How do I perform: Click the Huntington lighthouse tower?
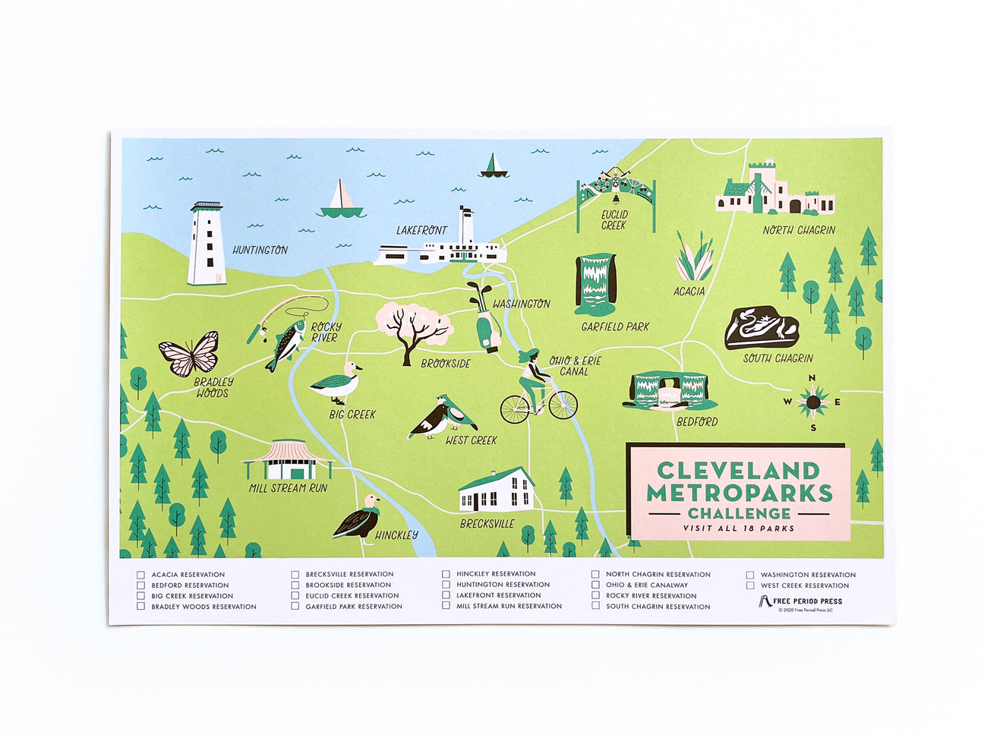pyautogui.click(x=207, y=244)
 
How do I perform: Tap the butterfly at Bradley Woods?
pyautogui.click(x=189, y=354)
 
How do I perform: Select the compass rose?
pyautogui.click(x=812, y=402)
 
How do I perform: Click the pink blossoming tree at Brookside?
pyautogui.click(x=414, y=327)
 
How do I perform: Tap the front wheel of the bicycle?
pyautogui.click(x=563, y=405)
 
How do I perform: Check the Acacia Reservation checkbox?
pyautogui.click(x=140, y=575)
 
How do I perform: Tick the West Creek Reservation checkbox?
pyautogui.click(x=750, y=585)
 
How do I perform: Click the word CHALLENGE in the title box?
pyautogui.click(x=739, y=513)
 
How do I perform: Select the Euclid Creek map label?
pyautogui.click(x=614, y=220)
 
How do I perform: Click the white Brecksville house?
pyautogui.click(x=497, y=490)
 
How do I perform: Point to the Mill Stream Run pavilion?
pyautogui.click(x=287, y=461)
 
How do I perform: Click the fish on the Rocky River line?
pyautogui.click(x=285, y=344)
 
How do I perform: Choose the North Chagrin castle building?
pyautogui.click(x=774, y=190)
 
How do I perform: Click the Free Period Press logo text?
pyautogui.click(x=807, y=601)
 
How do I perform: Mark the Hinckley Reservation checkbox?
pyautogui.click(x=446, y=574)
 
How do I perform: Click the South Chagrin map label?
pyautogui.click(x=777, y=358)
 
